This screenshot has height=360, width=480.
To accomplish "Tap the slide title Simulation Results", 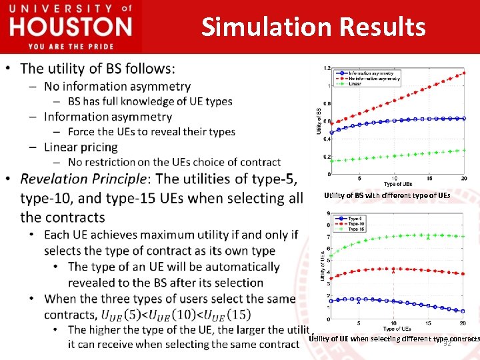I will point(313,27).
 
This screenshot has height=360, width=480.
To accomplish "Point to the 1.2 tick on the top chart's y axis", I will point(326,68).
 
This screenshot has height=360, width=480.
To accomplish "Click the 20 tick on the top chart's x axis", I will point(465,179).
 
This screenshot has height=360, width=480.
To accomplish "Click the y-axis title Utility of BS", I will point(318,121).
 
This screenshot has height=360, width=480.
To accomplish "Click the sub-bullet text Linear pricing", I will point(81,147).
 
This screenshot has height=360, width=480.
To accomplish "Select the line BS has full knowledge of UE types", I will point(150,101).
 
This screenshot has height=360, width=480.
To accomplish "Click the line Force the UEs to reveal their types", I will point(151,131).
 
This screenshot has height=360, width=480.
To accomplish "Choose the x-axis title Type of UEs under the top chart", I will point(397,184).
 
